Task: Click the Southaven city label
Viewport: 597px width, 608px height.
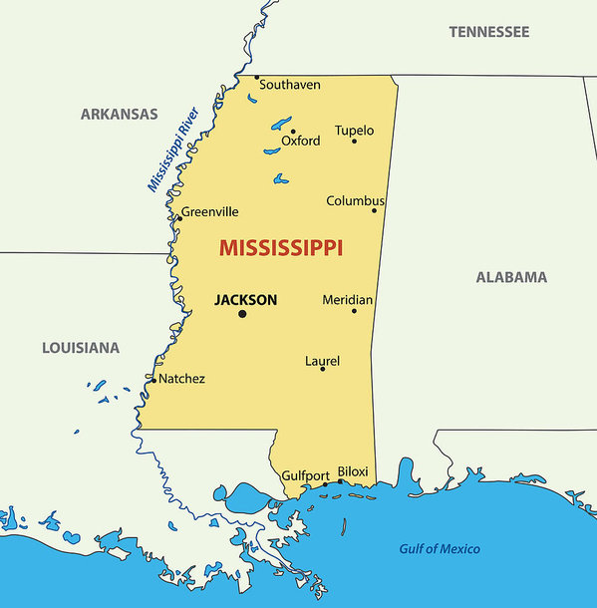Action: coord(290,85)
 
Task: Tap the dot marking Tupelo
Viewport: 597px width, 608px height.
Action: coord(354,141)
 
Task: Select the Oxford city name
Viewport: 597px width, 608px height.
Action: coord(301,141)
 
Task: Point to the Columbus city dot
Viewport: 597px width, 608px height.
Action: coord(375,210)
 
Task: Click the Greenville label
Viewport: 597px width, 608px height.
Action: coord(210,211)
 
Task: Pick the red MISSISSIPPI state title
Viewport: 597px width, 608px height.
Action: coord(281,247)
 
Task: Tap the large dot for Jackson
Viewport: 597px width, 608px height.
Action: coord(242,314)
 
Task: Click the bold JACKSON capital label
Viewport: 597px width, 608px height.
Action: coord(245,299)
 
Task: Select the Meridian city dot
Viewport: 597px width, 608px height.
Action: coord(354,311)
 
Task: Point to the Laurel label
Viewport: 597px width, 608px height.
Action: coord(322,360)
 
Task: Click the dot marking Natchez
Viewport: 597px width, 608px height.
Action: coord(152,379)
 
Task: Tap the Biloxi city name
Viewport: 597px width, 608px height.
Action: coord(353,471)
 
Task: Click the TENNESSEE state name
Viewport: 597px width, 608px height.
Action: coord(488,32)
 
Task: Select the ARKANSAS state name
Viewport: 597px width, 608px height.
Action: coord(119,114)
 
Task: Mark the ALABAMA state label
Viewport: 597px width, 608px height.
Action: coord(511,277)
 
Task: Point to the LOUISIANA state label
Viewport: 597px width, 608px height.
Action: coord(81,348)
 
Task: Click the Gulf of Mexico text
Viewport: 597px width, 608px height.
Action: coord(440,549)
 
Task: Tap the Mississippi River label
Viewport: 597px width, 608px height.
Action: coord(174,149)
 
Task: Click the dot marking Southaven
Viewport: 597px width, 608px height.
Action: coord(256,77)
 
